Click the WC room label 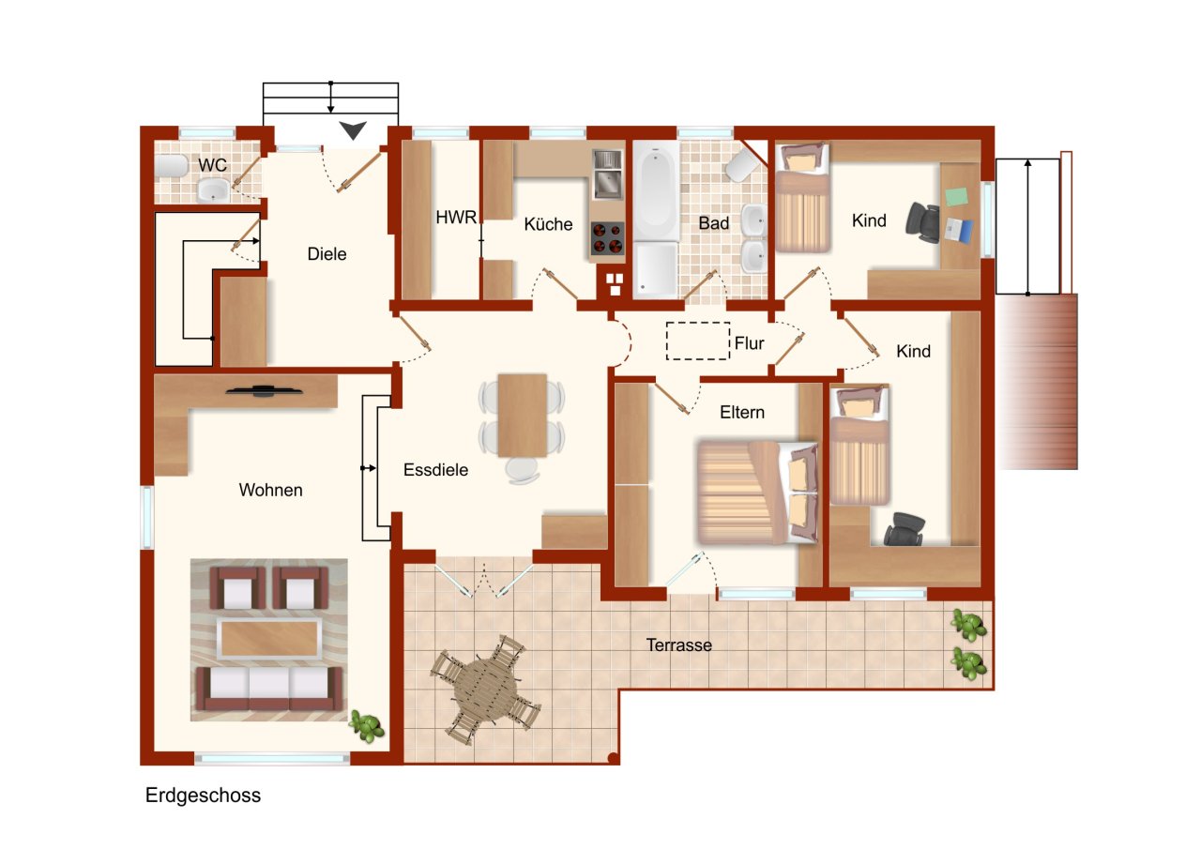[212, 165]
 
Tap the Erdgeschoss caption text [203, 795]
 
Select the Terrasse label [678, 644]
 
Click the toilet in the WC [171, 165]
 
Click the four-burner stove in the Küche [608, 238]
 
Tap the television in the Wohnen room [263, 391]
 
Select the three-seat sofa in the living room [268, 689]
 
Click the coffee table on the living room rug [269, 638]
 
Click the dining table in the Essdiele [523, 416]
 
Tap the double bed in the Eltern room [757, 492]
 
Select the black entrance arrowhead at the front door [353, 129]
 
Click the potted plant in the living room [367, 726]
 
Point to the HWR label [456, 217]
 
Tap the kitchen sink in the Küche [608, 173]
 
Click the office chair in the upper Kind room [922, 222]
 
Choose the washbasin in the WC [213, 190]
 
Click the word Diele [327, 253]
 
